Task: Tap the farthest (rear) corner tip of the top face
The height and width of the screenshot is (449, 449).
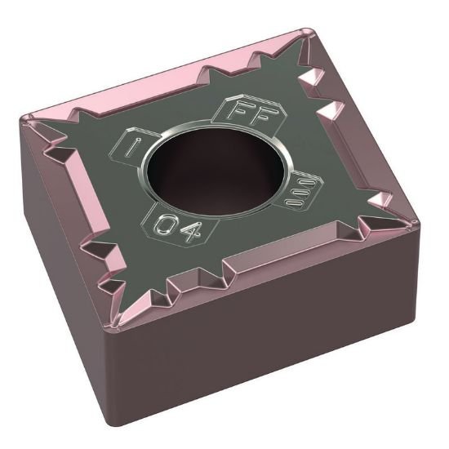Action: [x=309, y=33]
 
